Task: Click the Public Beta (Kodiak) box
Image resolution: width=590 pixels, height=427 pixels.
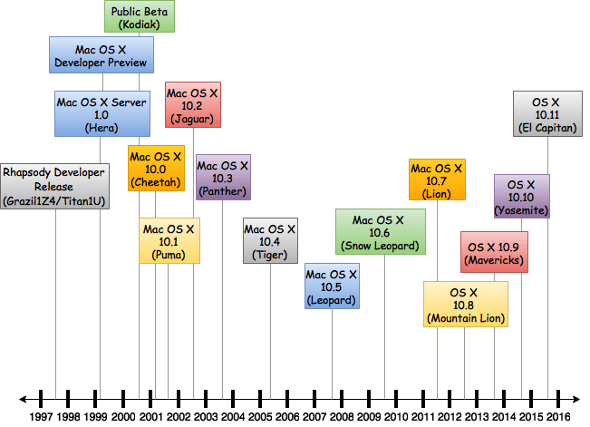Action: pyautogui.click(x=140, y=17)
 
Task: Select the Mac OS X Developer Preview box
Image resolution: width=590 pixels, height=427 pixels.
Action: pyautogui.click(x=102, y=54)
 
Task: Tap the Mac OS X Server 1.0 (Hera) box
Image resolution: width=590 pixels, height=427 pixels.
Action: pyautogui.click(x=102, y=113)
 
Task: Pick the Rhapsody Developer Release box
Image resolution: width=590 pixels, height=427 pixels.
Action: pyautogui.click(x=54, y=186)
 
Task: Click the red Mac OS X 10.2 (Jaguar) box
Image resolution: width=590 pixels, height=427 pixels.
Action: pyautogui.click(x=192, y=105)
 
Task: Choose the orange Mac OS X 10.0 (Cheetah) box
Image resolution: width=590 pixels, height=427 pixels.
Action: pyautogui.click(x=156, y=169)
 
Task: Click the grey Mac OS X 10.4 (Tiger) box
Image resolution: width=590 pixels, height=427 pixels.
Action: pyautogui.click(x=270, y=241)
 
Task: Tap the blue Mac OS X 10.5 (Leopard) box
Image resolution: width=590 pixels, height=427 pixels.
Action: pyautogui.click(x=332, y=286)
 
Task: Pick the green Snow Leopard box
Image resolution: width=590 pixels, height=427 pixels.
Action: pyautogui.click(x=385, y=232)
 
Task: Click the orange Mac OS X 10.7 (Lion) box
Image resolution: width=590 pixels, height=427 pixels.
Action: pyautogui.click(x=437, y=180)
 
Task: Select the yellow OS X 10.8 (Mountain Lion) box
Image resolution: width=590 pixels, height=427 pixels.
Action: pyautogui.click(x=465, y=305)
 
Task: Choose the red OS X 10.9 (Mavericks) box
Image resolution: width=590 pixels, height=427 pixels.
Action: pyautogui.click(x=494, y=253)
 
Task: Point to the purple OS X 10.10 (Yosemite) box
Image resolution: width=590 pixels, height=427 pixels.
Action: pyautogui.click(x=521, y=197)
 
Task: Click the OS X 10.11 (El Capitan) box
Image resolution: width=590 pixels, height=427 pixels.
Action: pyautogui.click(x=547, y=114)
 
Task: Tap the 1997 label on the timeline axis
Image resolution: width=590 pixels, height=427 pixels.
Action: pyautogui.click(x=41, y=416)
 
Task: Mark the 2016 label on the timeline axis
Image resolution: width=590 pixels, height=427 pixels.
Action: pyautogui.click(x=557, y=416)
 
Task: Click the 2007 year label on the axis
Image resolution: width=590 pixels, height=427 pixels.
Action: pyautogui.click(x=314, y=416)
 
